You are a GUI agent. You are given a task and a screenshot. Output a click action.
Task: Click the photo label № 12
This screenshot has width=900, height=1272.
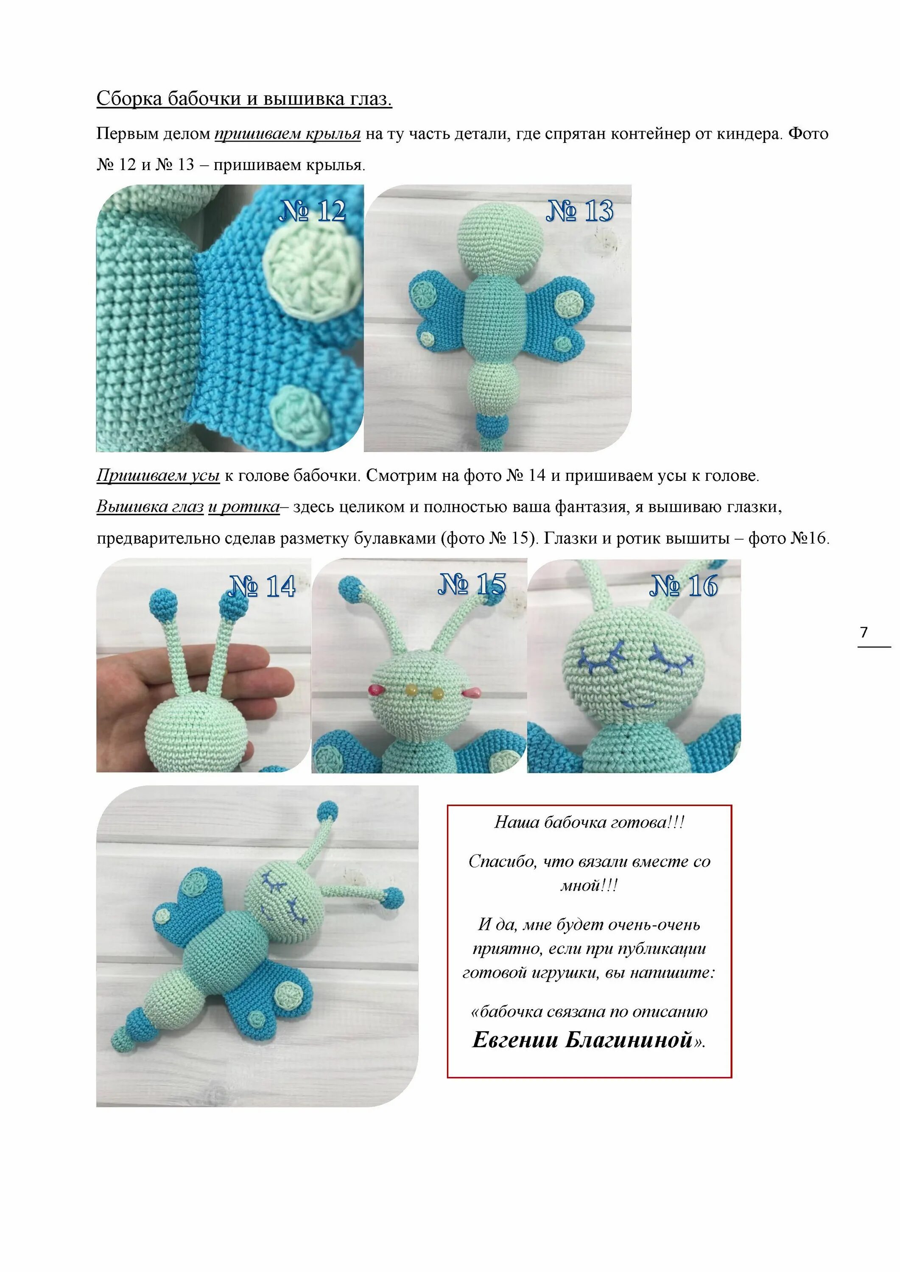313,211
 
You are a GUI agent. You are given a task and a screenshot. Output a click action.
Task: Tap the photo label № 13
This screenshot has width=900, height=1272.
580,211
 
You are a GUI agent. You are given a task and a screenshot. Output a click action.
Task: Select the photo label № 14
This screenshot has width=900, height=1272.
262,586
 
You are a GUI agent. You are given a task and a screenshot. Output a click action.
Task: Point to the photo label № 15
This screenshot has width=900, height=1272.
472,584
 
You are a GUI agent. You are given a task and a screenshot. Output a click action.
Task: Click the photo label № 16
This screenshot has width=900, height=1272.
683,586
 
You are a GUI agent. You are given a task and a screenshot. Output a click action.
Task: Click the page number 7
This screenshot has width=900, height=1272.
864,632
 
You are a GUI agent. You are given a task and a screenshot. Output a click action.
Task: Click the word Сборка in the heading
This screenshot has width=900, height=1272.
129,99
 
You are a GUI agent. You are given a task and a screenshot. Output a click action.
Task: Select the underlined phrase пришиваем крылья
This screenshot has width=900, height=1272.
287,134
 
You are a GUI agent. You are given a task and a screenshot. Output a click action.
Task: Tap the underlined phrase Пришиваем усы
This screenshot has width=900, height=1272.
158,475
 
